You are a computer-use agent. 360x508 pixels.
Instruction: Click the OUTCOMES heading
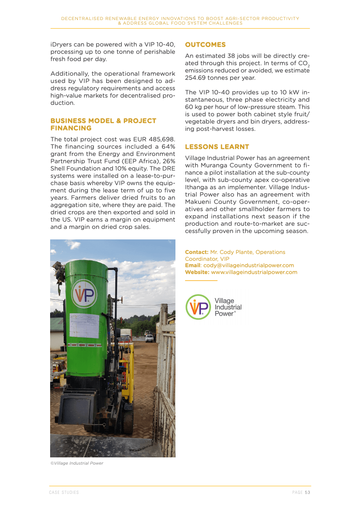[x=205, y=45]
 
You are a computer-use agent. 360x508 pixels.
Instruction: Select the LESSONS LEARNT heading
[x=217, y=147]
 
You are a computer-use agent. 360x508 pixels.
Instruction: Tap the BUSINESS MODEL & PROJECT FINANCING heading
[x=103, y=124]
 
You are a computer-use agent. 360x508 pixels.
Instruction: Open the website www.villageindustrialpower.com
[x=254, y=272]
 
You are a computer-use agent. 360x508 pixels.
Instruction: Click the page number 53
[x=308, y=492]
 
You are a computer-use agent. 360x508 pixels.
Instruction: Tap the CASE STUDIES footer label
[x=64, y=492]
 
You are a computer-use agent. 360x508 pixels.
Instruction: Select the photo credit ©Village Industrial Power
[x=77, y=463]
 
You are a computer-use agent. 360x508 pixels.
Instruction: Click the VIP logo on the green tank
[x=84, y=294]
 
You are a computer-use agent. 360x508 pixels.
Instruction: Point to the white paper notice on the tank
[x=84, y=326]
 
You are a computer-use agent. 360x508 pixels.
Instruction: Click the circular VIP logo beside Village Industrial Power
[x=198, y=307]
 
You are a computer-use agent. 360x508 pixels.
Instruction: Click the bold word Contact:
[x=196, y=252]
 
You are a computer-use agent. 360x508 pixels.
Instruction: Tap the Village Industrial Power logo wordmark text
[x=228, y=307]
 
